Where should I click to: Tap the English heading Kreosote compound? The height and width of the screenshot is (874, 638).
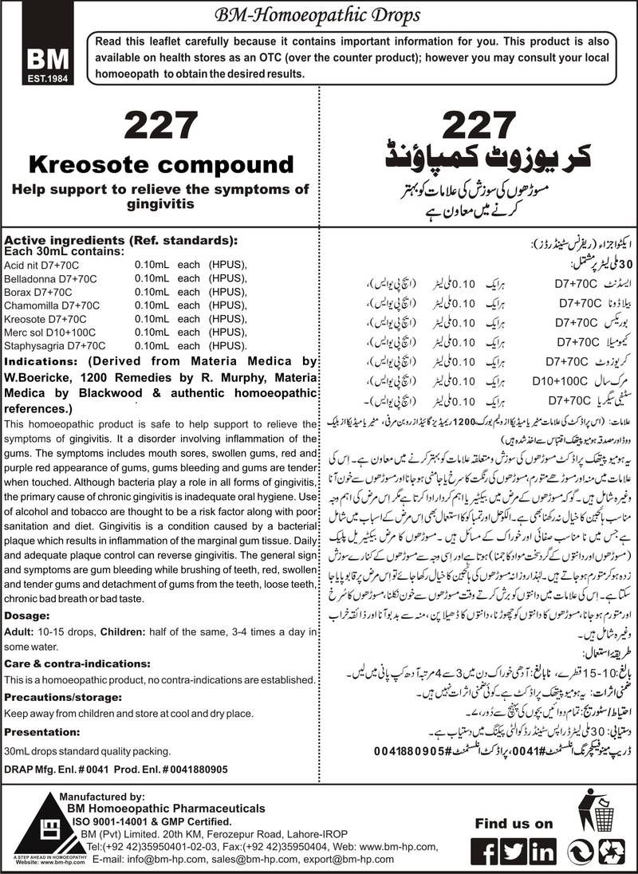tap(162, 165)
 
